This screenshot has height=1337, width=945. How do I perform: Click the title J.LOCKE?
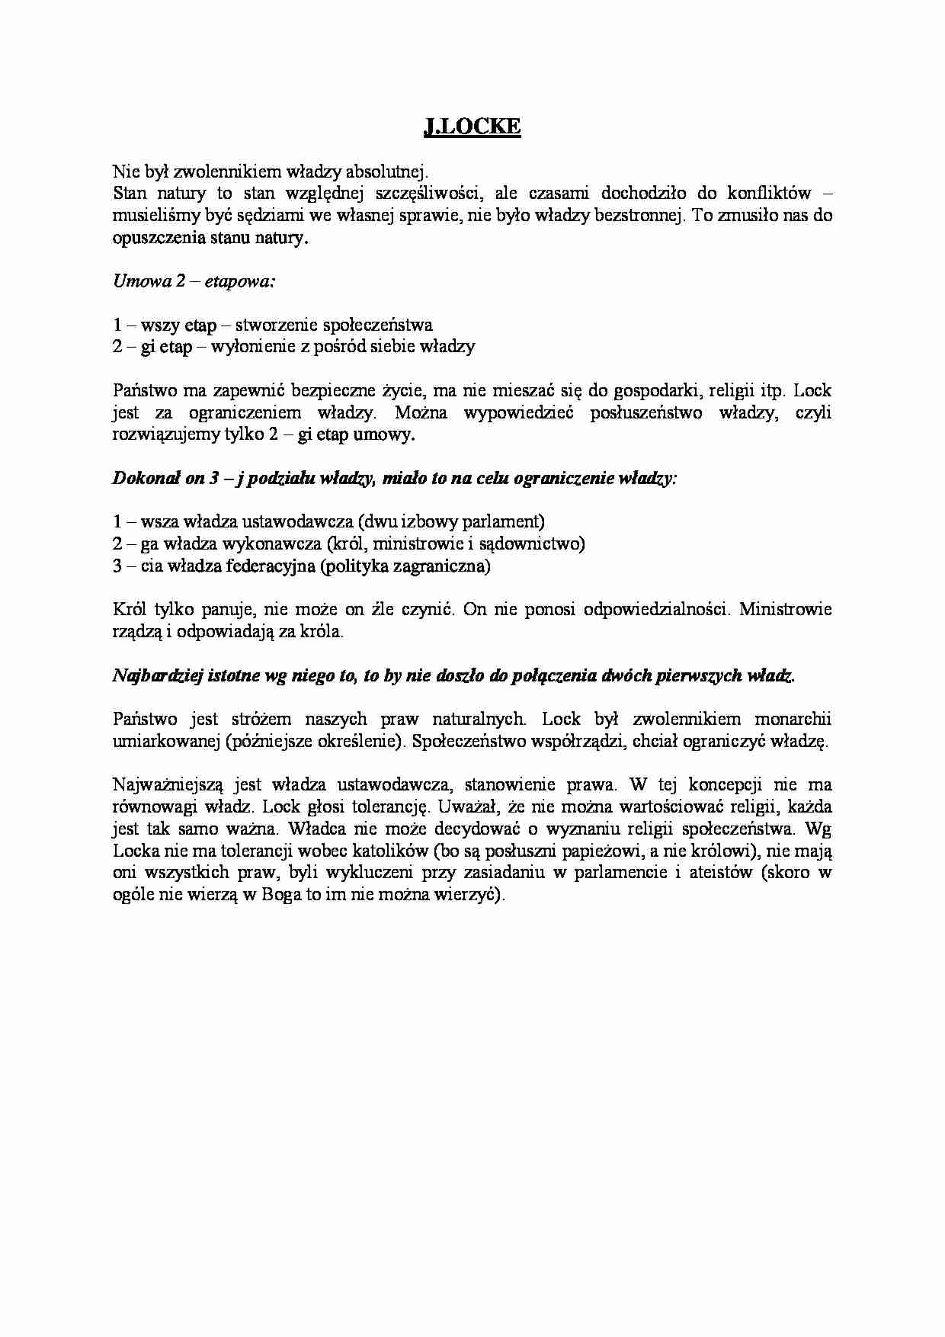pyautogui.click(x=472, y=127)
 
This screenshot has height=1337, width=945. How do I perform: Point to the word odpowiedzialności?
pyautogui.click(x=652, y=610)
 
